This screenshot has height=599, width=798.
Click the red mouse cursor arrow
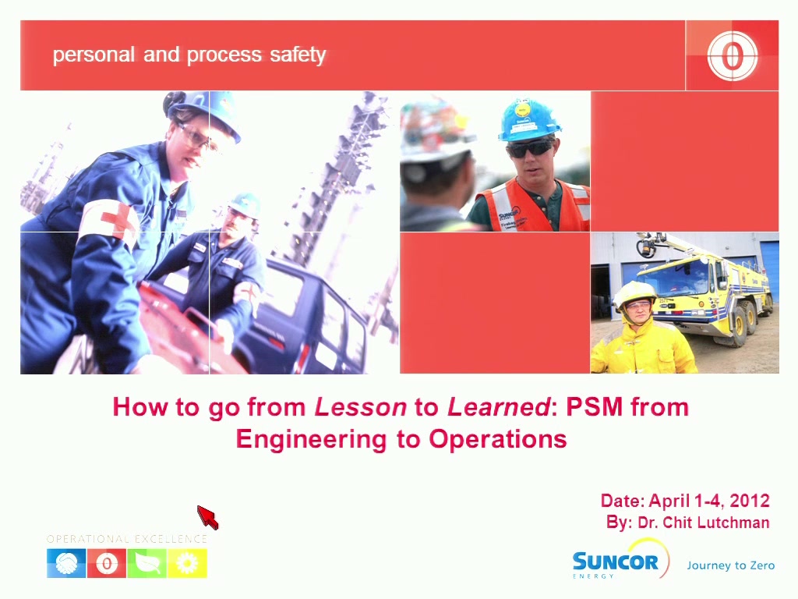pyautogui.click(x=207, y=517)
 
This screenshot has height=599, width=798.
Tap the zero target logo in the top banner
pyautogui.click(x=732, y=55)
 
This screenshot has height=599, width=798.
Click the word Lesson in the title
pyautogui.click(x=361, y=407)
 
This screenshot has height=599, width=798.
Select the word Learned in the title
pyautogui.click(x=499, y=407)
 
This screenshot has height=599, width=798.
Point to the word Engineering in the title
pyautogui.click(x=311, y=440)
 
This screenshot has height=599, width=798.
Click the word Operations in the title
pyautogui.click(x=498, y=440)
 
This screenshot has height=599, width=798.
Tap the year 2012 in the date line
pyautogui.click(x=750, y=501)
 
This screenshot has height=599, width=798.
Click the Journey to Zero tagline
pyautogui.click(x=731, y=565)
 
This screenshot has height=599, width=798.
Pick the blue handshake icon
pyautogui.click(x=66, y=563)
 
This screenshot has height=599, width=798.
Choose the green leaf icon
pyautogui.click(x=147, y=563)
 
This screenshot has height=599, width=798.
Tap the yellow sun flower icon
pyautogui.click(x=187, y=563)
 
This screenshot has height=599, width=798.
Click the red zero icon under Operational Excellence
pyautogui.click(x=107, y=563)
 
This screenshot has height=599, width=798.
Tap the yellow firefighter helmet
pyautogui.click(x=635, y=294)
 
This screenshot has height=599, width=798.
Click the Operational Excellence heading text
pyautogui.click(x=127, y=539)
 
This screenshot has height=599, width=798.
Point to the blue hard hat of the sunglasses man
pyautogui.click(x=528, y=120)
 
